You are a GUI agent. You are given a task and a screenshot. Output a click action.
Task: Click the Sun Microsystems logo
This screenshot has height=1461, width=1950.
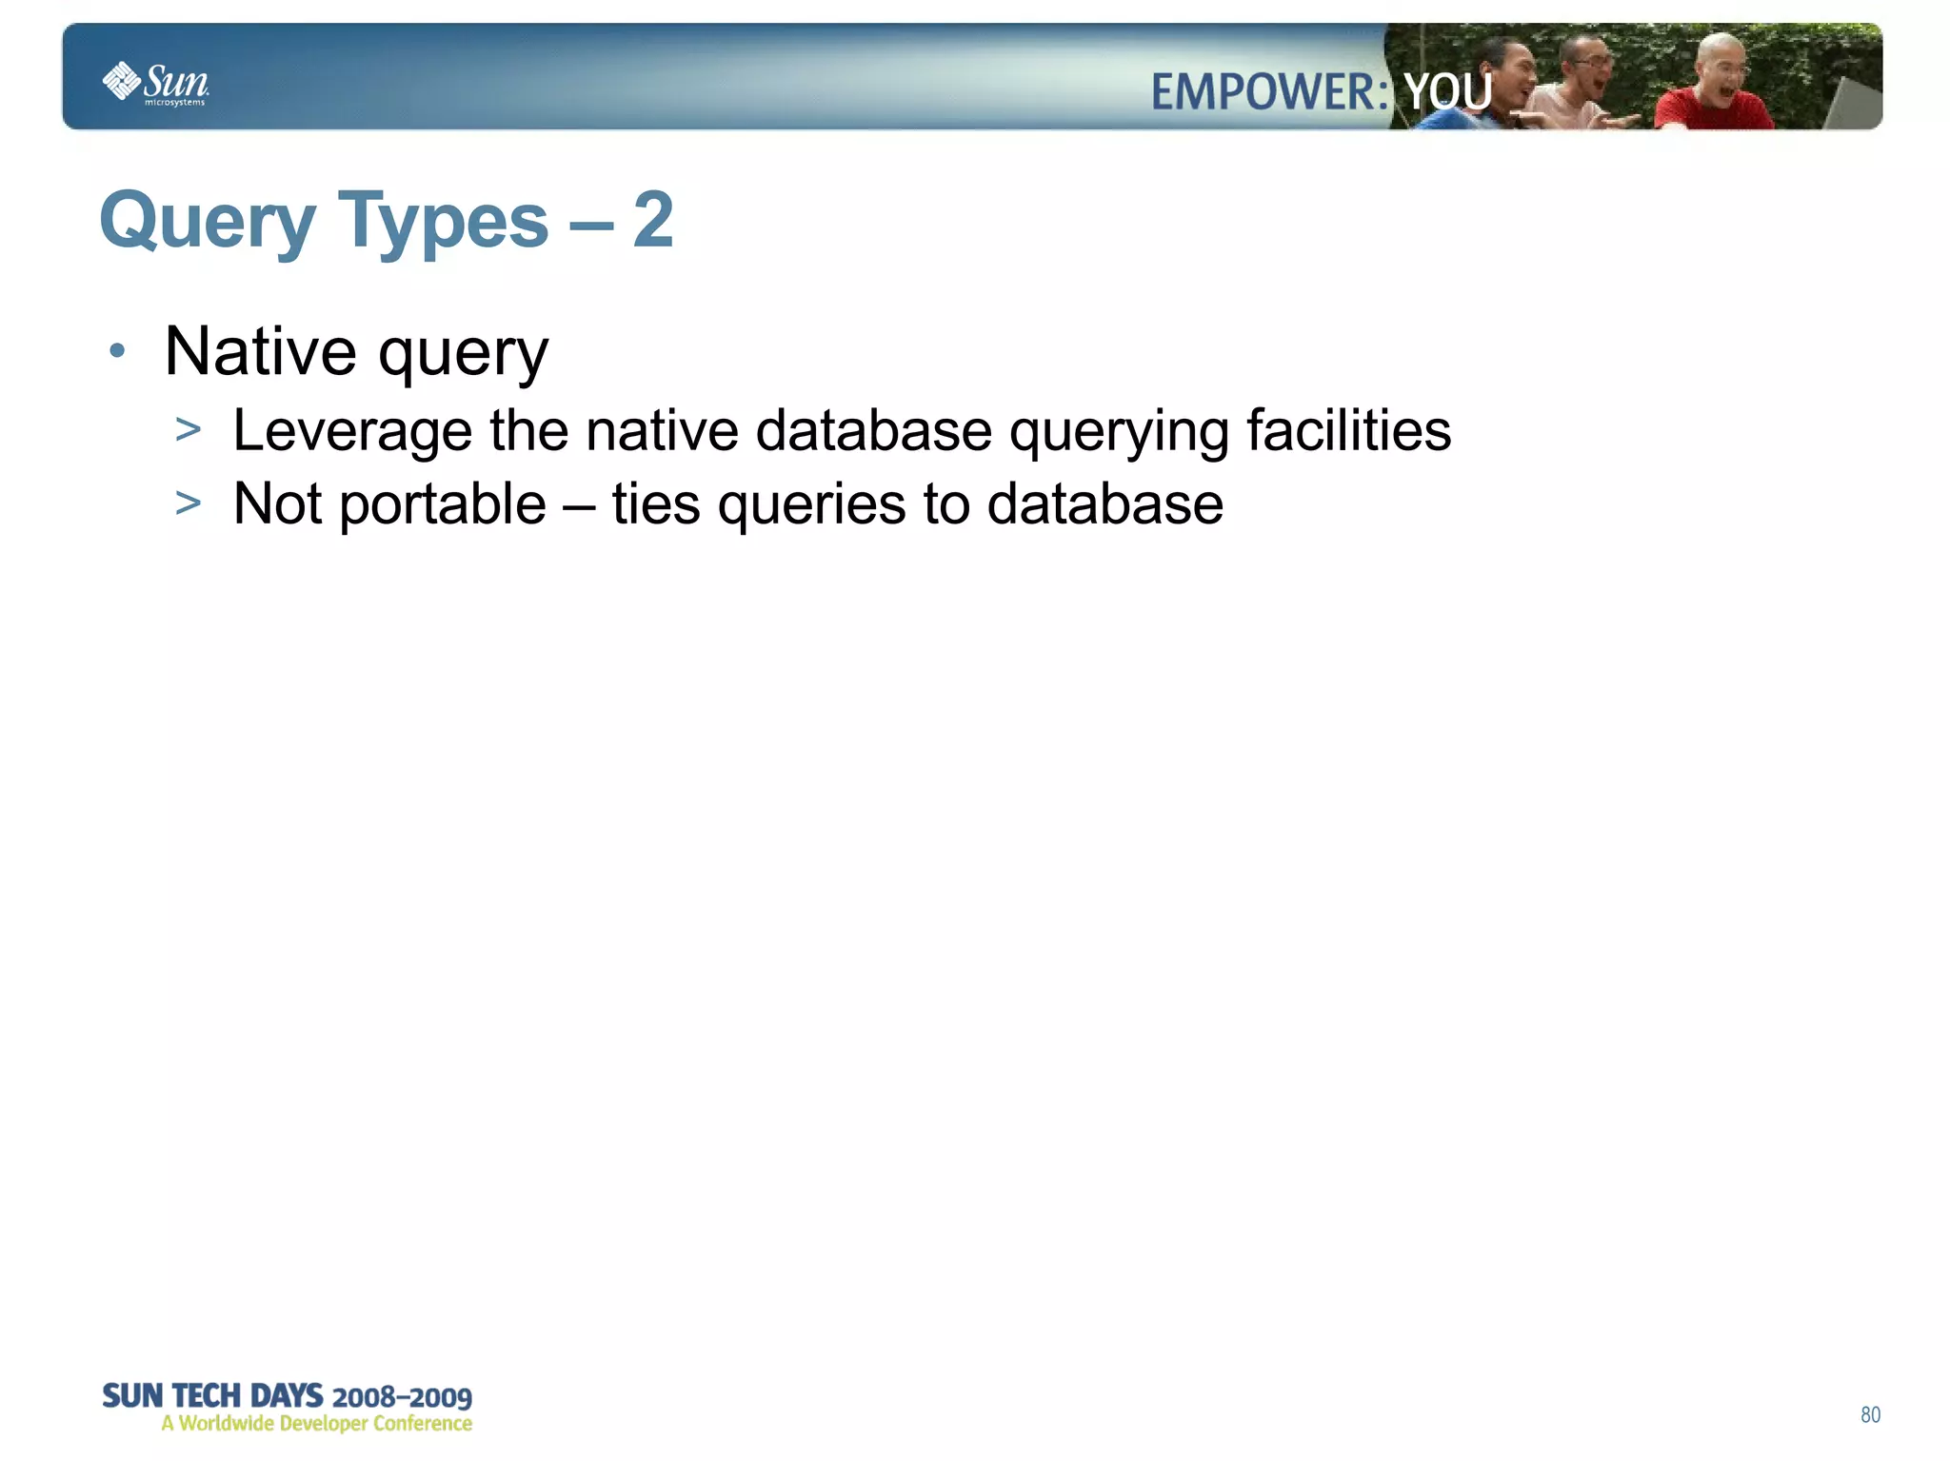(155, 84)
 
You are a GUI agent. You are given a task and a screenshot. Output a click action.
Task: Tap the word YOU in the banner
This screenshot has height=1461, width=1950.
(1447, 93)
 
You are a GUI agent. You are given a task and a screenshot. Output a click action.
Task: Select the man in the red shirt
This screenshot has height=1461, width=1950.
(1714, 90)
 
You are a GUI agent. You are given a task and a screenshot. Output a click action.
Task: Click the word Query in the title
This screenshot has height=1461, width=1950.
(207, 222)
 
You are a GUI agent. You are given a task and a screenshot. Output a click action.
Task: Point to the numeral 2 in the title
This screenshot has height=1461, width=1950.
(653, 220)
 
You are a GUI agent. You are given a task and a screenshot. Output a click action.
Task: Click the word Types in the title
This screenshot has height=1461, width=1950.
(443, 222)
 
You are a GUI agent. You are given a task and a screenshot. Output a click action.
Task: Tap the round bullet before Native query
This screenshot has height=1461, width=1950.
(117, 351)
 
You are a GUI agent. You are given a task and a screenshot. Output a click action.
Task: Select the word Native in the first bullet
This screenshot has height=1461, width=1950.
(260, 351)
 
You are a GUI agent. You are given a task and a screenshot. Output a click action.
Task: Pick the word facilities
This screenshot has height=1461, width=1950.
(1348, 429)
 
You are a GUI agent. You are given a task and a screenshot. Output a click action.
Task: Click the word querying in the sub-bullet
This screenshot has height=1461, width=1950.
(1119, 431)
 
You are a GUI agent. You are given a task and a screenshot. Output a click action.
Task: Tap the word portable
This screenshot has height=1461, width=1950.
(443, 504)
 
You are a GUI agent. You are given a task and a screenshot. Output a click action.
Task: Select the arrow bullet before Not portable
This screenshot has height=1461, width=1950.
(189, 503)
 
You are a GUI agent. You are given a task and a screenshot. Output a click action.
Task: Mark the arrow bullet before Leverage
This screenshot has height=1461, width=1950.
(189, 429)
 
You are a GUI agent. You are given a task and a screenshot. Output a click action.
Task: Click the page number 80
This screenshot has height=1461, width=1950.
(1870, 1414)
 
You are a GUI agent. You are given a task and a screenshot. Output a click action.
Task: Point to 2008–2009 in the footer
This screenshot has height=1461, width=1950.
(402, 1396)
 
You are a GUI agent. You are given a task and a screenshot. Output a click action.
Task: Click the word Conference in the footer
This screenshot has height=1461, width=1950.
(422, 1423)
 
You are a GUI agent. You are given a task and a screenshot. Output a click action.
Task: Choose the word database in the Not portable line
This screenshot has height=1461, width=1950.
(1104, 503)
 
